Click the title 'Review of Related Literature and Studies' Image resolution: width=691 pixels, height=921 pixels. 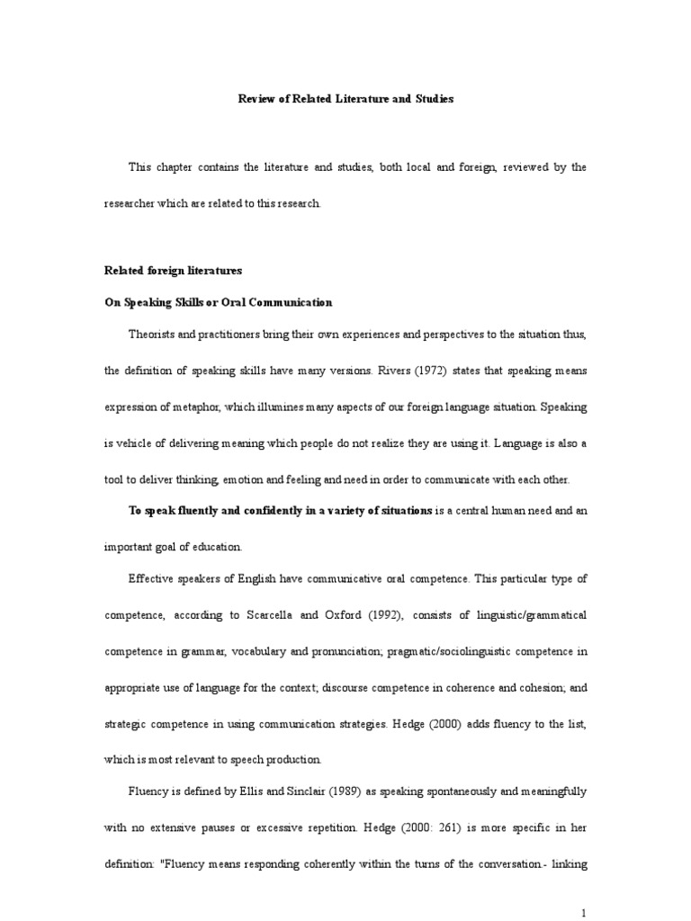(345, 99)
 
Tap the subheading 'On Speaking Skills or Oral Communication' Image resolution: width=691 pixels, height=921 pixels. (219, 302)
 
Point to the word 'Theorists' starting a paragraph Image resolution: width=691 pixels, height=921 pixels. (153, 335)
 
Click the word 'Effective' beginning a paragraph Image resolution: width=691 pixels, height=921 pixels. (152, 579)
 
